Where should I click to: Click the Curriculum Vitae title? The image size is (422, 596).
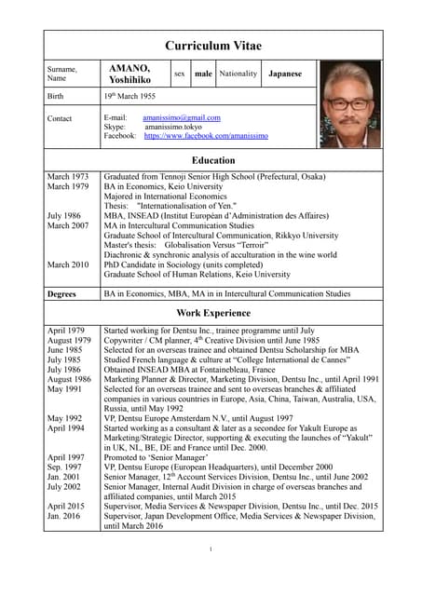pos(213,46)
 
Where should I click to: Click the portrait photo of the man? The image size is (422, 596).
pos(350,104)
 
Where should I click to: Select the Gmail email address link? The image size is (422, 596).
pos(182,118)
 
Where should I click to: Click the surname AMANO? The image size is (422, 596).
pos(129,69)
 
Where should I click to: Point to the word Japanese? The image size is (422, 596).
pos(286,73)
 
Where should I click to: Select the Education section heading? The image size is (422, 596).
pos(213,160)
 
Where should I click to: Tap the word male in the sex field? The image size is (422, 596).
pos(203,73)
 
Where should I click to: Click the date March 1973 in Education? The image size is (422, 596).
pos(68,176)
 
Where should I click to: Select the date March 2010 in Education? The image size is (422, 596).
pos(68,264)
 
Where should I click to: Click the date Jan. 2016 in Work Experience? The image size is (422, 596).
pos(65,515)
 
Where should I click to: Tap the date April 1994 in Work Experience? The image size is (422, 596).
pos(67,427)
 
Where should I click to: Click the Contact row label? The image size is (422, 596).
pos(61,118)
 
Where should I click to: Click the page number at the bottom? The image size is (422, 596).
pos(211,549)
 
